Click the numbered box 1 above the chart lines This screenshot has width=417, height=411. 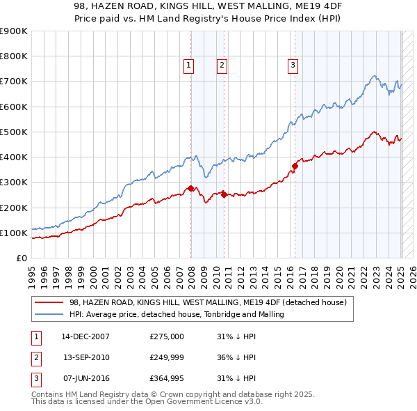coord(188,65)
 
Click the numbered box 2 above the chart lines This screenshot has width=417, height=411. coord(222,65)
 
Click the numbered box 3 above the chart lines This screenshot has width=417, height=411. coord(293,65)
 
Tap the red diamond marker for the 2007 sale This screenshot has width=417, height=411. coord(190,188)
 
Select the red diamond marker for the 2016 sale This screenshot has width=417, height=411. coord(295,166)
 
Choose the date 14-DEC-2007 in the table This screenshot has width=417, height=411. coord(85,336)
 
